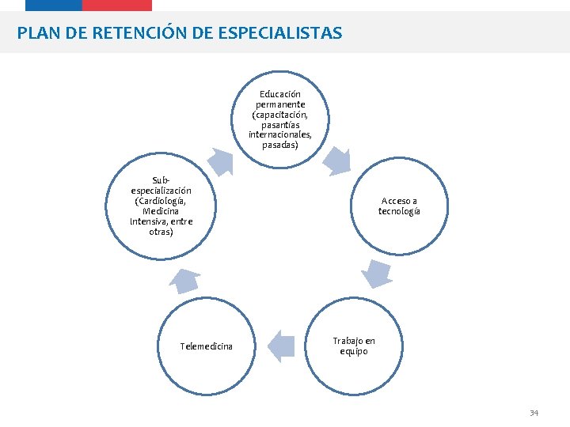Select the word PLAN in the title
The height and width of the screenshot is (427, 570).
tap(36, 33)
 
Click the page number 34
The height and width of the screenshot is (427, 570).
tap(534, 413)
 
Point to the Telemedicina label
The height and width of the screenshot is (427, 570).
tap(206, 346)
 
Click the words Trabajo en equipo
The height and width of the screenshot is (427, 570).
tap(354, 346)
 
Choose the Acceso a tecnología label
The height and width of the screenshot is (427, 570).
tap(399, 206)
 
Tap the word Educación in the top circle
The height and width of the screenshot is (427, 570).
tap(280, 94)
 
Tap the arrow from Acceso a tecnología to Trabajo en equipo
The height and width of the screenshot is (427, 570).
tap(376, 274)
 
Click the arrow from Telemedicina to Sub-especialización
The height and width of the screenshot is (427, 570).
tap(185, 280)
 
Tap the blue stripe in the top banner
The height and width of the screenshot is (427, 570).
tap(54, 5)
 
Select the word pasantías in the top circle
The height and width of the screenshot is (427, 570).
tap(280, 125)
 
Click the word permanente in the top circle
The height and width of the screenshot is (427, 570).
tap(280, 104)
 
